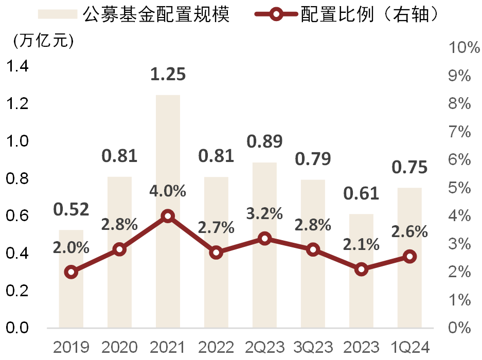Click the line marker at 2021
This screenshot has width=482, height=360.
tap(168, 217)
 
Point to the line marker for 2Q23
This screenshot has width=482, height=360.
tap(264, 239)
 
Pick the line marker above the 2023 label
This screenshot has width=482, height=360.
tap(361, 269)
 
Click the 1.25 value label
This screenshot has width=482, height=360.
tap(168, 75)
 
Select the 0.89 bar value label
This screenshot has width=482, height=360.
tap(264, 141)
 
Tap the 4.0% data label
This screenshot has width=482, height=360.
tap(168, 191)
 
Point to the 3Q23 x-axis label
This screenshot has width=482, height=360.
tap(313, 347)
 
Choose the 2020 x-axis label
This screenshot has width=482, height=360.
tap(119, 347)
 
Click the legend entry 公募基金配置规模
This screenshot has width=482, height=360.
tap(154, 14)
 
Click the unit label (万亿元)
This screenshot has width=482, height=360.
tap(44, 40)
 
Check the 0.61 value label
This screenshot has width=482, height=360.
tap(361, 193)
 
